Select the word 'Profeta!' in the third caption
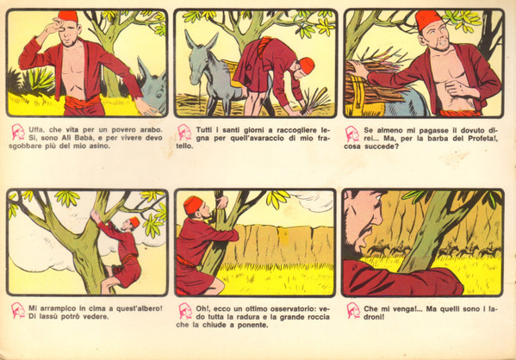pyautogui.click(x=483, y=139)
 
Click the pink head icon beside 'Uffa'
pyautogui.click(x=18, y=132)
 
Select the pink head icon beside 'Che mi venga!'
pyautogui.click(x=353, y=311)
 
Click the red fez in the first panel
pyautogui.click(x=68, y=16)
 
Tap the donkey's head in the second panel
pyautogui.click(x=196, y=59)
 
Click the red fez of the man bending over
pyautogui.click(x=307, y=65)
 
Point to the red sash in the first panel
pyautogui.click(x=82, y=103)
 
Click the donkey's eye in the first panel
pyautogui.click(x=159, y=96)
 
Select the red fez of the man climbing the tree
pyautogui.click(x=134, y=222)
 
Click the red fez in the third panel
pyautogui.click(x=428, y=20)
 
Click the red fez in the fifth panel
pyautogui.click(x=193, y=205)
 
